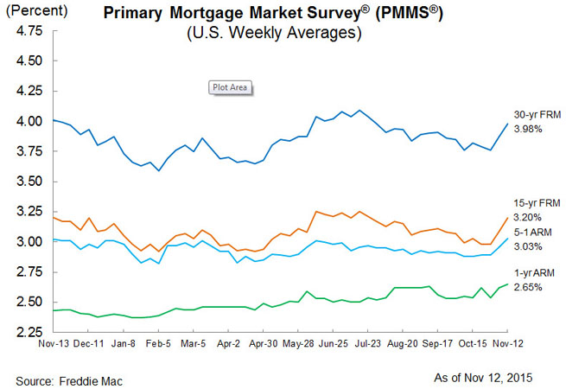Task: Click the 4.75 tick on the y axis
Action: tap(29, 30)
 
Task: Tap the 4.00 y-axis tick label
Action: tap(29, 121)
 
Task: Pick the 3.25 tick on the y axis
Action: tap(29, 212)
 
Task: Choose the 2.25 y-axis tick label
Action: tap(29, 332)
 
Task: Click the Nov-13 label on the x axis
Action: tap(53, 343)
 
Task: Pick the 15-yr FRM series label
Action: tap(537, 204)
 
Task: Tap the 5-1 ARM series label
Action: tap(534, 231)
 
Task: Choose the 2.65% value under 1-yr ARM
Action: tap(528, 286)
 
